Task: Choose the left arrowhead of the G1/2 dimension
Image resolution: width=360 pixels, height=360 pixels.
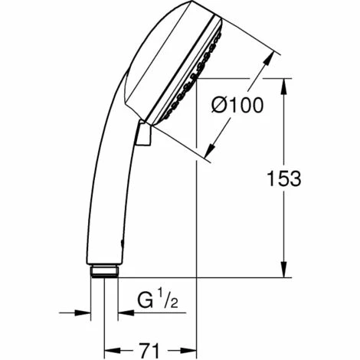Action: (83, 313)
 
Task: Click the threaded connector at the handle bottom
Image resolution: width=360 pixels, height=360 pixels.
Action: (103, 270)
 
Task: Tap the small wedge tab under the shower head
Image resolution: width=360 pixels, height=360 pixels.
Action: (143, 136)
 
